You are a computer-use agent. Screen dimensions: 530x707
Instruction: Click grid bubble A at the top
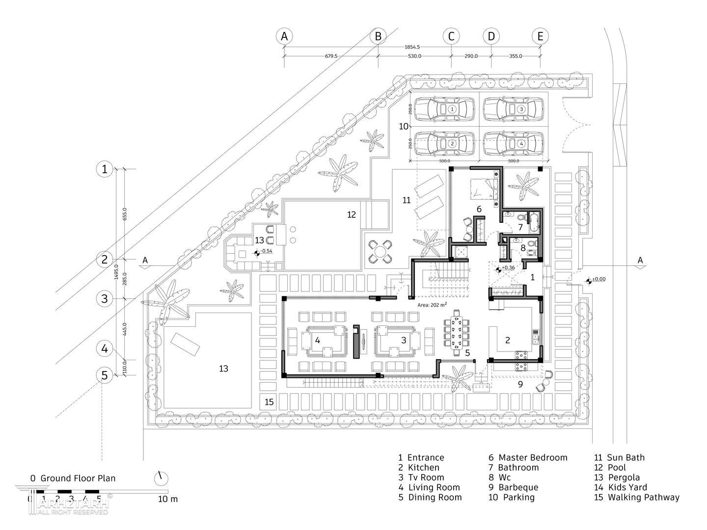(284, 36)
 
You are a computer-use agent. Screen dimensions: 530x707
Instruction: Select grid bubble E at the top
(540, 36)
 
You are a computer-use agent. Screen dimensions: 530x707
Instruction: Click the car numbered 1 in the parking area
(445, 109)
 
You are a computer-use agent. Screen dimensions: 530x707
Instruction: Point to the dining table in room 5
(457, 332)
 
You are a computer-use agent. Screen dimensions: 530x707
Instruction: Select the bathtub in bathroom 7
(534, 221)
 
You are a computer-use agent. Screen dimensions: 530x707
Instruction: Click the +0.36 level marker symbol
(499, 268)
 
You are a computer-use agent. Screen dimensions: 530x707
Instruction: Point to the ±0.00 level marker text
(599, 279)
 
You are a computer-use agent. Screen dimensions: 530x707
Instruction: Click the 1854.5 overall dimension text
(412, 47)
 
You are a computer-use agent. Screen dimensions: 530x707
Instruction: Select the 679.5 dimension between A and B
(331, 56)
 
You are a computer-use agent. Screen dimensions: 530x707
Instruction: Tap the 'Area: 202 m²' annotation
(432, 305)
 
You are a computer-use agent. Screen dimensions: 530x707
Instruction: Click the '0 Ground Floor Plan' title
(73, 478)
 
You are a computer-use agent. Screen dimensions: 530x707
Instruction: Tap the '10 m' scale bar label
(168, 499)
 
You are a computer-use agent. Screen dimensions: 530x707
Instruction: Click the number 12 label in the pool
(352, 215)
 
